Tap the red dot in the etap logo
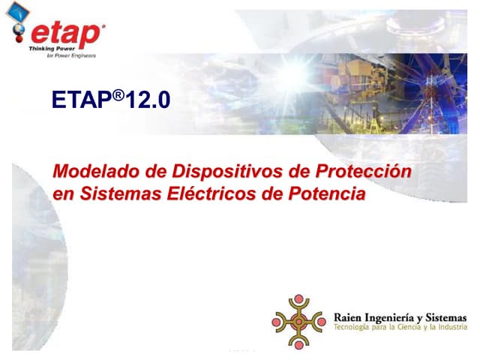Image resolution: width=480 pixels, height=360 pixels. coord(19,31)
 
